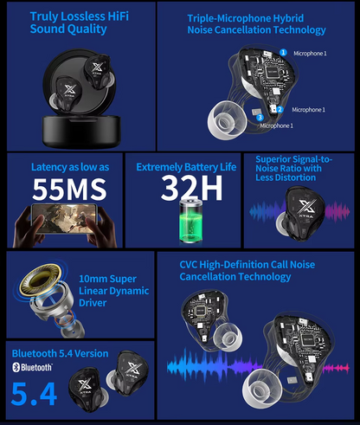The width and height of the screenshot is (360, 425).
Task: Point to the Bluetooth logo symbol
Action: click(x=16, y=367)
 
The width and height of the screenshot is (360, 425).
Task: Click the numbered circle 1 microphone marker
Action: click(x=283, y=53)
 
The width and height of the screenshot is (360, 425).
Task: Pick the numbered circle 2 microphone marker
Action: click(x=280, y=110)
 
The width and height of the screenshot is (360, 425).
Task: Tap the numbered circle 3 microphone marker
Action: click(x=261, y=116)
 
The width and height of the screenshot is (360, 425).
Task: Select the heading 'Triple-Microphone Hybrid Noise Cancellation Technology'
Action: click(x=256, y=24)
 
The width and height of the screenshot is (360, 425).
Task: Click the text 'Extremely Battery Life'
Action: click(x=186, y=166)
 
